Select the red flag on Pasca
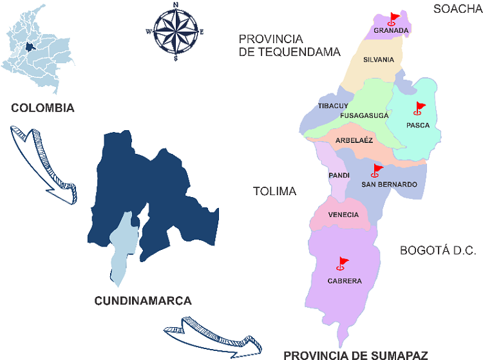point(420,108)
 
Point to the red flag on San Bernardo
point(377,171)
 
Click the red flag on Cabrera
point(343,263)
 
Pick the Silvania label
point(378,60)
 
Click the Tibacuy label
point(333,106)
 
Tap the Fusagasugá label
point(364,115)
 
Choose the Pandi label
point(339,175)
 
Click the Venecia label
point(343,215)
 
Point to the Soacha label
point(457,8)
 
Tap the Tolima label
point(274,191)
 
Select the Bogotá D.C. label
point(438,251)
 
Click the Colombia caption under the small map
point(43,108)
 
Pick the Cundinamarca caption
point(143,301)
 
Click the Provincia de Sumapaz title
point(355,354)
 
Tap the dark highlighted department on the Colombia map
point(29,46)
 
